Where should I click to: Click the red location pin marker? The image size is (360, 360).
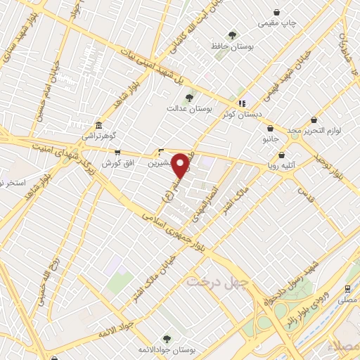(181, 166)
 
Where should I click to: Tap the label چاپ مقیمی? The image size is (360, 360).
(278, 23)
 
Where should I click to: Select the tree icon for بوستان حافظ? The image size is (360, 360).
(232, 34)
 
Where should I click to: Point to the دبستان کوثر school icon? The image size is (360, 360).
(242, 103)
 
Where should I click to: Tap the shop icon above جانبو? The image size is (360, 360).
(271, 129)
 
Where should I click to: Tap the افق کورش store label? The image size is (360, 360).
(117, 163)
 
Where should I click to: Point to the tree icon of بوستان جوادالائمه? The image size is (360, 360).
(167, 338)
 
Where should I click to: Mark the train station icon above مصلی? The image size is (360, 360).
(347, 289)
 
